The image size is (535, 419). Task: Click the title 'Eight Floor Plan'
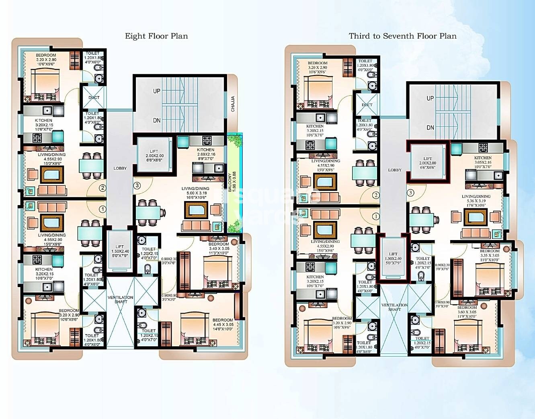click(x=156, y=36)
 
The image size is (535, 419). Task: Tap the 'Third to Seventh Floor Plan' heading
click(x=402, y=36)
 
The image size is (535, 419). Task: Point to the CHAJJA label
click(x=233, y=104)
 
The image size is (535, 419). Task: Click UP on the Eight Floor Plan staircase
click(x=157, y=91)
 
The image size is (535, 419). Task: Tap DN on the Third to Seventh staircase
click(x=430, y=127)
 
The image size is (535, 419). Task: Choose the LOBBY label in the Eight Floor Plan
click(x=120, y=168)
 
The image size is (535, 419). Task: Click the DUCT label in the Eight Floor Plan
click(x=94, y=98)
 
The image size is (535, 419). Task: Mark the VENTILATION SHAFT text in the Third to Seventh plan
click(x=394, y=307)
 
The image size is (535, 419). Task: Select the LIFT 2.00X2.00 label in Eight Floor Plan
click(x=154, y=156)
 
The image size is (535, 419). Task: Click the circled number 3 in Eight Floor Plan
click(x=137, y=186)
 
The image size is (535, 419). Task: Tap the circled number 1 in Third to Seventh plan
click(x=376, y=216)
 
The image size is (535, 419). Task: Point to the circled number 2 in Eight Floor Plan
click(x=103, y=188)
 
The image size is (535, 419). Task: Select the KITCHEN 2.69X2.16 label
click(x=205, y=154)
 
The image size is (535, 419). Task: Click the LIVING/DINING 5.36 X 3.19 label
click(x=476, y=201)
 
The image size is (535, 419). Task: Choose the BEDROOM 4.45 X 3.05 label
click(x=223, y=322)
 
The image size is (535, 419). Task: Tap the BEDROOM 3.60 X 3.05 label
click(x=467, y=312)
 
